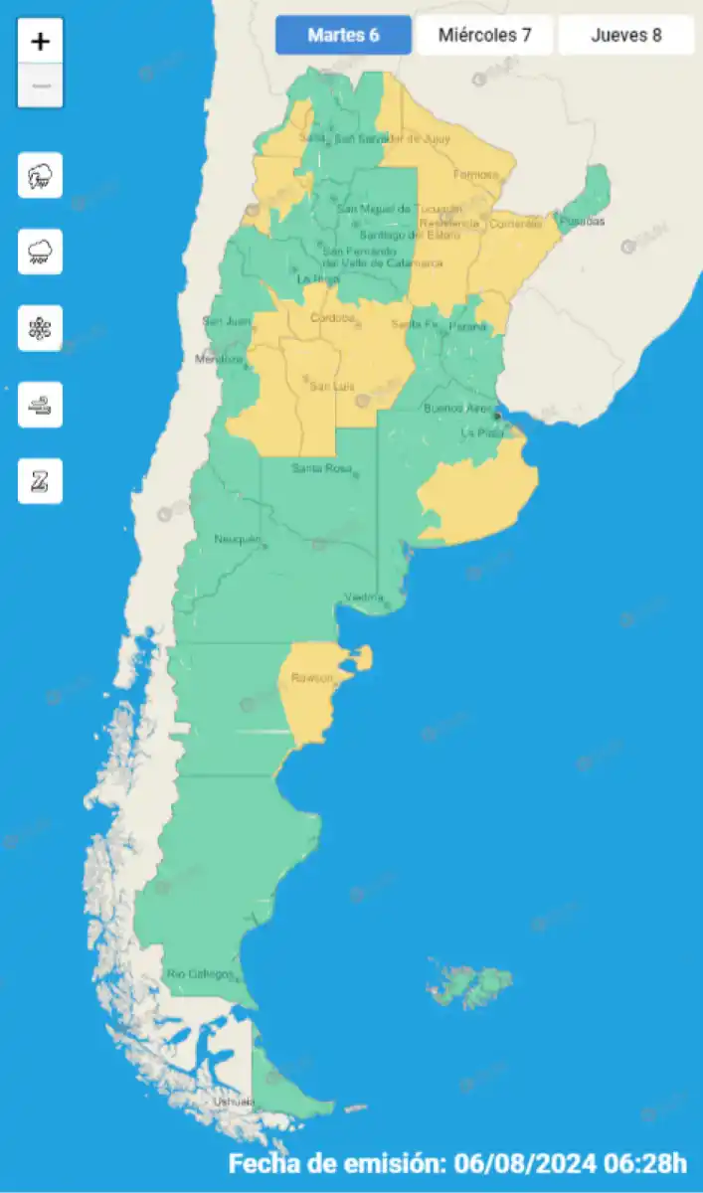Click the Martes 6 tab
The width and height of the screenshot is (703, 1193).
[343, 36]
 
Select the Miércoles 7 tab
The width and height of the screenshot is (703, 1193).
[485, 36]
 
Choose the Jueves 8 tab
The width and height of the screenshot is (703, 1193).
[626, 36]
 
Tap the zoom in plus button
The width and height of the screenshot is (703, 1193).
[41, 42]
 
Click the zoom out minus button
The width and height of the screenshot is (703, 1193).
[41, 85]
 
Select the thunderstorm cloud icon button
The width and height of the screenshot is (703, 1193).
[41, 176]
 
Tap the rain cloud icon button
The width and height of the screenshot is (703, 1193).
[41, 252]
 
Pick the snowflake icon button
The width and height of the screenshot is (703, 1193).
[41, 328]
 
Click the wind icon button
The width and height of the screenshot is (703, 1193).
[41, 405]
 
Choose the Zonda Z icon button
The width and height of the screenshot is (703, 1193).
[41, 481]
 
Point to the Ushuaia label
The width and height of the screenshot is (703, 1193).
[235, 1102]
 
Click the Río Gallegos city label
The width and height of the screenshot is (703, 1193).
[201, 973]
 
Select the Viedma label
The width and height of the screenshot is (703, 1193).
[363, 596]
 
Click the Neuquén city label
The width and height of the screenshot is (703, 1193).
[237, 539]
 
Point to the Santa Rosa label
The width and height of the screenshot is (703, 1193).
[321, 468]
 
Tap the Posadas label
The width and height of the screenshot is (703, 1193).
[581, 221]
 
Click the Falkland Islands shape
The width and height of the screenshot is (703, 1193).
[470, 983]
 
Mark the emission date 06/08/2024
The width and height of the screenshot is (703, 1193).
[518, 1163]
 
